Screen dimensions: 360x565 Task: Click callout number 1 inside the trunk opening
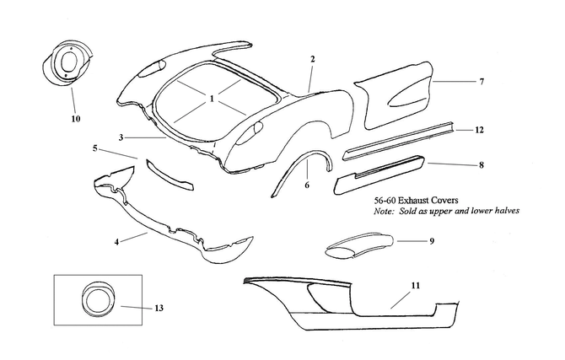212,98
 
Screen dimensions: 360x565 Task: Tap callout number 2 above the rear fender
312,59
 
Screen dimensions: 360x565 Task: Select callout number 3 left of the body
121,137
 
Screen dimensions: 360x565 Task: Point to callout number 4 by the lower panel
116,243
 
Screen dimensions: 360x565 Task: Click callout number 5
96,148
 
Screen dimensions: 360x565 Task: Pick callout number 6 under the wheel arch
307,185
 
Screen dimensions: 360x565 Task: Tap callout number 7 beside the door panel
482,82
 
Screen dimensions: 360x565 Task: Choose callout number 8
481,165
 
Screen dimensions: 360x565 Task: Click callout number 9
431,241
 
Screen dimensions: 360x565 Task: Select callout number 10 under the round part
75,119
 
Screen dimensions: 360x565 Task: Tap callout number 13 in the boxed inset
159,309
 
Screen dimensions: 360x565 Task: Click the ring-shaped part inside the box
98,300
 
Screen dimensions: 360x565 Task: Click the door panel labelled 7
396,98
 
